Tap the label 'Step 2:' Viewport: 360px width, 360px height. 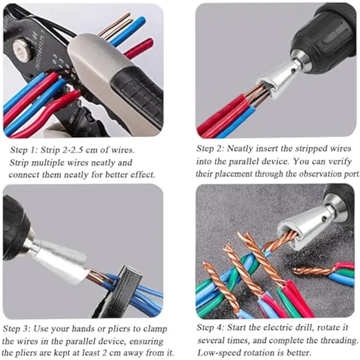click(x=211, y=148)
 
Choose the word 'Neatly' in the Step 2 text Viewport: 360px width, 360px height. click(x=243, y=148)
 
